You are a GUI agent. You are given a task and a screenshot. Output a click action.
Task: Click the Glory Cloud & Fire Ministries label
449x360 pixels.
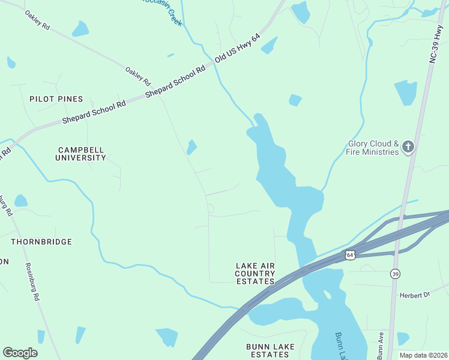coord(373,148)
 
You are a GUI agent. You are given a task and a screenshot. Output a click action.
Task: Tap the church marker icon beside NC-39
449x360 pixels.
coord(408,146)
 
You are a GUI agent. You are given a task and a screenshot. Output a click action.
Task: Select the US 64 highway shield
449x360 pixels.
coord(350,255)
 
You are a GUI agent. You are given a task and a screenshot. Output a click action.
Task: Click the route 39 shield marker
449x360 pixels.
coord(394,274)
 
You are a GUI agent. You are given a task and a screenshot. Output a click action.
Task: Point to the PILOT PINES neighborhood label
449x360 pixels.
coord(56,98)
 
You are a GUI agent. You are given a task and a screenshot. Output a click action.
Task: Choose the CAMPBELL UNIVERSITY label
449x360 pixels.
coord(82,154)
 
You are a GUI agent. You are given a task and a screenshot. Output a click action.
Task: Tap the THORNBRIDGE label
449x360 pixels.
coord(41,242)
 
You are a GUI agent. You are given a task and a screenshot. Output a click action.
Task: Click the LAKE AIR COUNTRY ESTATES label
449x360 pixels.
coord(255,273)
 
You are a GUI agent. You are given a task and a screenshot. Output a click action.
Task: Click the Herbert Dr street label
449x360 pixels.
coord(415,295)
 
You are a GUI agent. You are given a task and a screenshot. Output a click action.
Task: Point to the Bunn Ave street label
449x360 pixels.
coord(381,345)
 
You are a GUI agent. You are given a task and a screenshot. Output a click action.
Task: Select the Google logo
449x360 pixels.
coord(20,352)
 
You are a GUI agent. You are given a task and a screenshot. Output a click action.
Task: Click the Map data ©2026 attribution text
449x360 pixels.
coord(423,355)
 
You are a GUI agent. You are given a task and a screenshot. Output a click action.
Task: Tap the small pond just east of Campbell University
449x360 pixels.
coord(191,147)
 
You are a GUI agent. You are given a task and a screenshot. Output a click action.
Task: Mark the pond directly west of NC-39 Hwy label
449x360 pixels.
coord(406,92)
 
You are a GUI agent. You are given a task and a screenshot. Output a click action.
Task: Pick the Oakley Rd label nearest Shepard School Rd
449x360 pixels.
coord(137,76)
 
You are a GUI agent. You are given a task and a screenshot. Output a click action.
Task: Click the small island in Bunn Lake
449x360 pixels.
coord(327,295)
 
